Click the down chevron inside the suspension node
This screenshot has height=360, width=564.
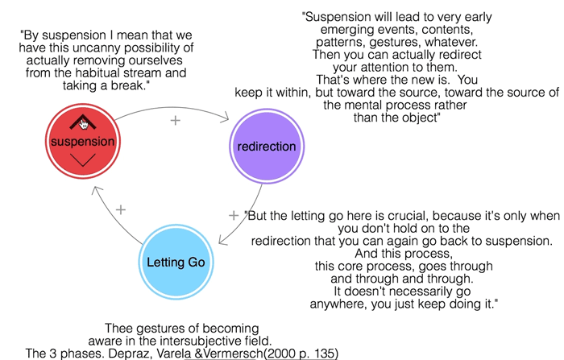click(x=83, y=161)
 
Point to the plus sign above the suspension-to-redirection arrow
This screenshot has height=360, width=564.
click(x=174, y=120)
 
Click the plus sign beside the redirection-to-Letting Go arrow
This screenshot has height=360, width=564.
click(x=234, y=215)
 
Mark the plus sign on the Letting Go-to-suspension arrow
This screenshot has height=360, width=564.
click(x=121, y=209)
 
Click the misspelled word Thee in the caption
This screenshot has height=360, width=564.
click(x=118, y=328)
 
